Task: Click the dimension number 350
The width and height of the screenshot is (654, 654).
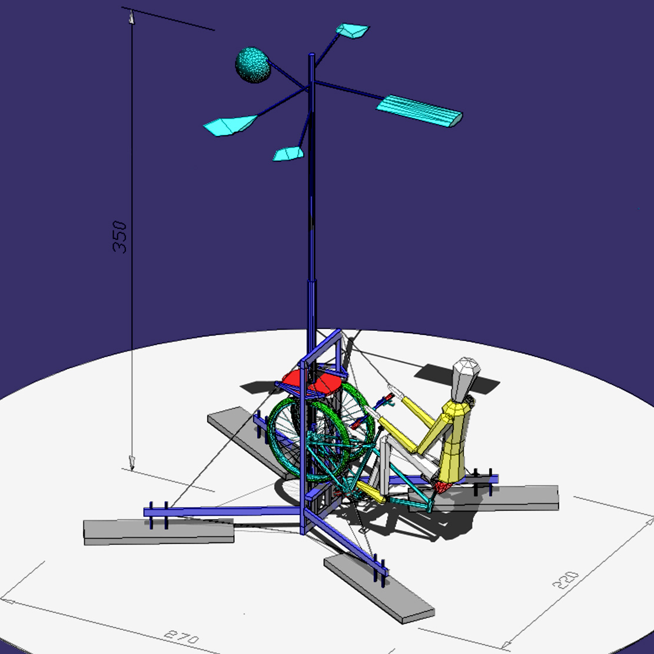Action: point(119,237)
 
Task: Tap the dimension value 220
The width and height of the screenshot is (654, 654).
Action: point(566,580)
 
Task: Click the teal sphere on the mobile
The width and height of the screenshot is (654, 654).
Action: point(253,65)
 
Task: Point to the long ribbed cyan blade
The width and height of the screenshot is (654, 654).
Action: point(419,111)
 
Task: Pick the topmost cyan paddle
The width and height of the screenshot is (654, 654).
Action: point(353,31)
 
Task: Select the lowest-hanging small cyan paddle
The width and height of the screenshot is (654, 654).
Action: point(288,154)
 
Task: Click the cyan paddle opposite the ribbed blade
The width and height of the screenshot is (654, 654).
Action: point(230,125)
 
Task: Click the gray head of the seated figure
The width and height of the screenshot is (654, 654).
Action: point(466,378)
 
